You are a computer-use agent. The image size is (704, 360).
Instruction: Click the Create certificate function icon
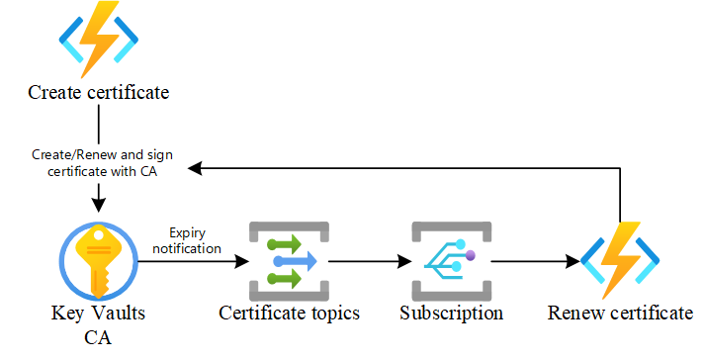98,39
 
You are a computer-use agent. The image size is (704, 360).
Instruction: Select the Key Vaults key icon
98,260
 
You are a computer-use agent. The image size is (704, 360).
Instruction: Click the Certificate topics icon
288,260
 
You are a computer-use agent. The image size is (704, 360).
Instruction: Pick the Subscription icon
451,260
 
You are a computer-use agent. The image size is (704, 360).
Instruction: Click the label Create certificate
98,93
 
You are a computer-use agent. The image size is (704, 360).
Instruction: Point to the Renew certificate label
620,314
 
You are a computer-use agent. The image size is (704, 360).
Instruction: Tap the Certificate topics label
289,314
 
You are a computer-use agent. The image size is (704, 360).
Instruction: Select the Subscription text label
451,314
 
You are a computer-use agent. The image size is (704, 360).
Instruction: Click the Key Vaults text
98,314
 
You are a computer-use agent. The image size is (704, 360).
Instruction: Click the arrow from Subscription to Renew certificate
535,262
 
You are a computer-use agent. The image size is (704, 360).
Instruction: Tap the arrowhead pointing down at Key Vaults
98,206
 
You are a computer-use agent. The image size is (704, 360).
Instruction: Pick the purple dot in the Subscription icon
471,255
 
